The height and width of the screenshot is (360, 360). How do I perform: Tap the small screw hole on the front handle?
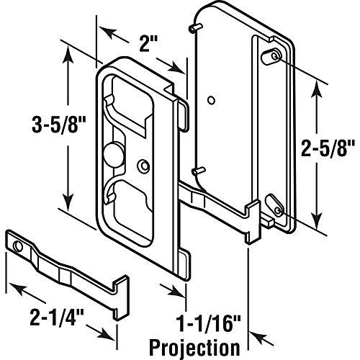point(145,146)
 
